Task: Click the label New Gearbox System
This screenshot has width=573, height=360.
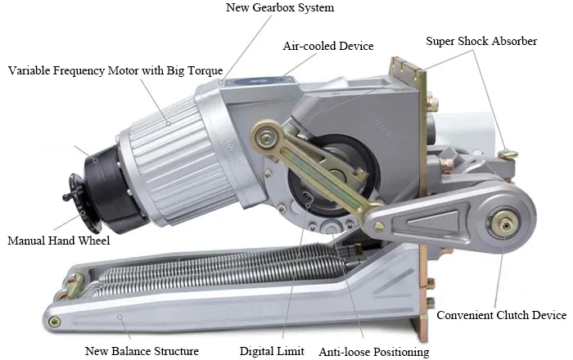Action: (x=280, y=7)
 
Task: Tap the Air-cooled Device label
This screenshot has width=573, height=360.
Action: (x=328, y=46)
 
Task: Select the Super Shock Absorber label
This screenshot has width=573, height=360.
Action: (x=481, y=41)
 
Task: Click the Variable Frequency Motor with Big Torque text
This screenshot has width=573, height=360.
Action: (x=115, y=70)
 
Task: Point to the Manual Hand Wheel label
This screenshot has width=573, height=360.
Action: (x=58, y=241)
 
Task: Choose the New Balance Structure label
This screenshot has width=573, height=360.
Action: (x=142, y=351)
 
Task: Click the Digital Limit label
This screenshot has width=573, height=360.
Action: (x=272, y=351)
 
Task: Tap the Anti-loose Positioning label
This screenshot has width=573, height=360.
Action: (x=374, y=352)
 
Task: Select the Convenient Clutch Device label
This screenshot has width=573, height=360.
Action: (x=501, y=315)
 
